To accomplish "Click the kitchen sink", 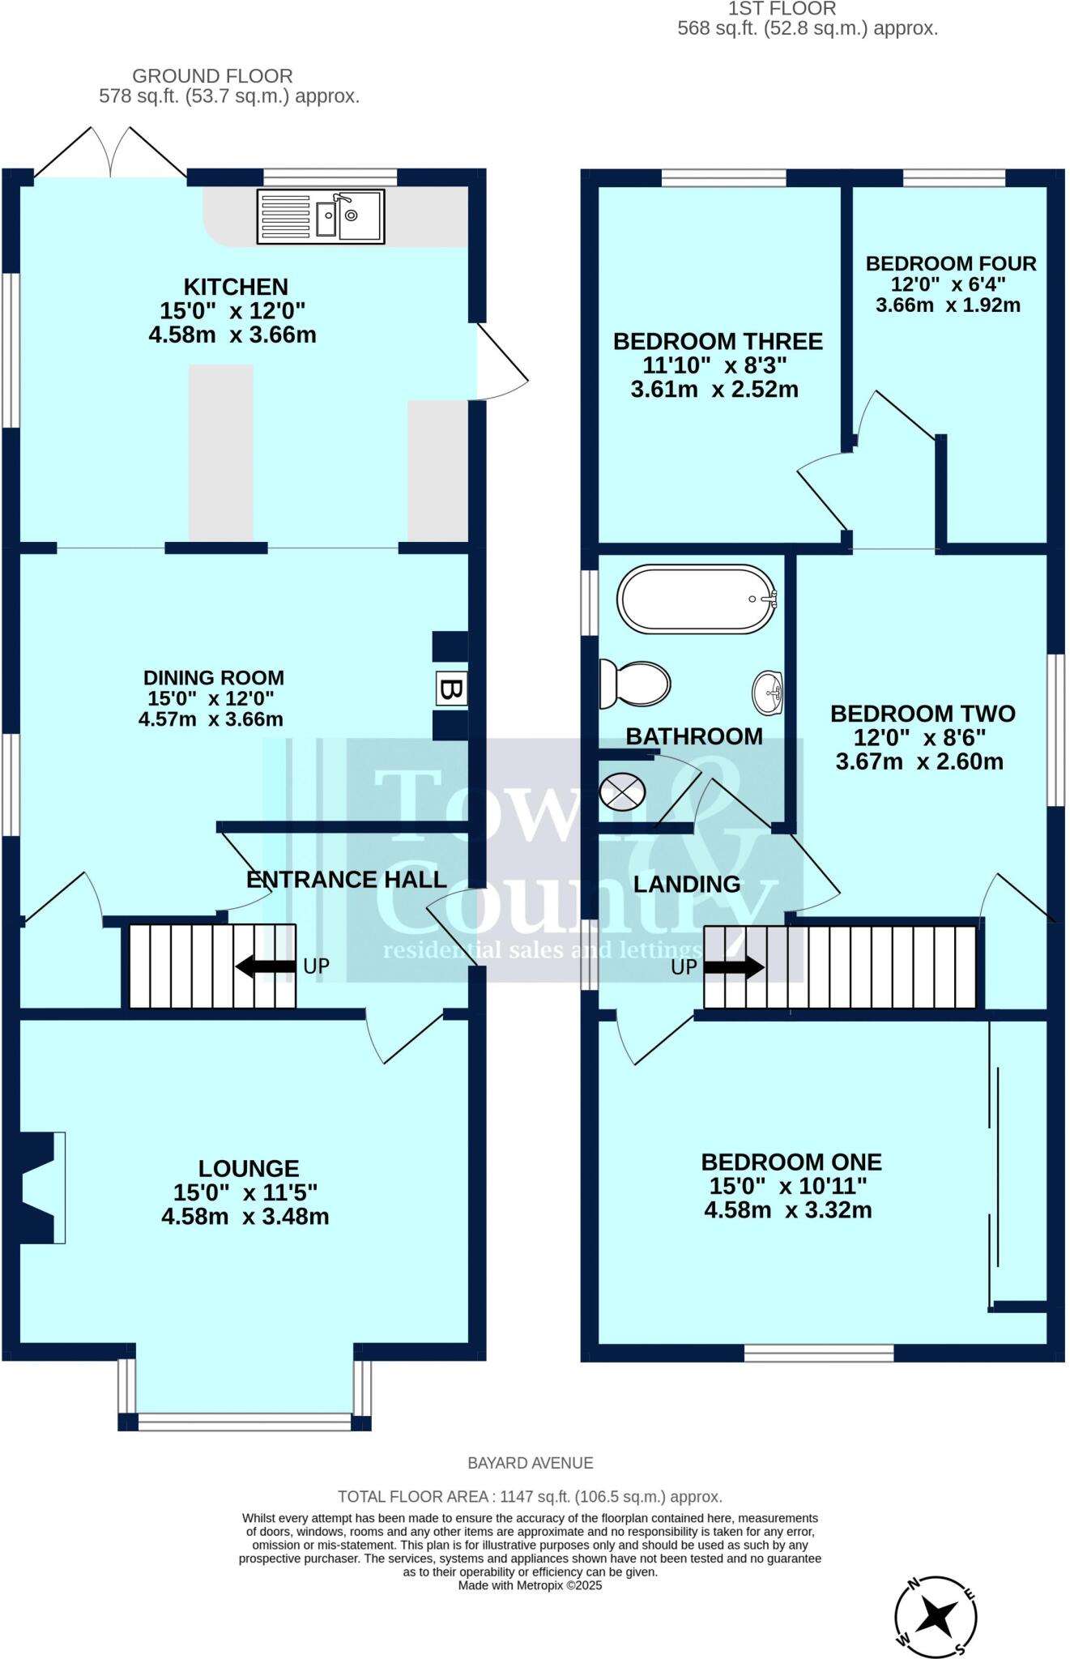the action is tap(321, 216).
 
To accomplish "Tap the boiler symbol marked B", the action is tap(451, 689).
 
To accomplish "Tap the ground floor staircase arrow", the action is tap(266, 966).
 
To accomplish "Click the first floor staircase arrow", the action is tap(734, 966).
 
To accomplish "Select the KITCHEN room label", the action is tap(236, 287).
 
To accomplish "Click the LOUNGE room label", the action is tap(249, 1168).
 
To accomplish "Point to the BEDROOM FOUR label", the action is tap(951, 263).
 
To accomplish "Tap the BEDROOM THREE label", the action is tap(718, 341).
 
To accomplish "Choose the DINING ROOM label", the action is tap(214, 678).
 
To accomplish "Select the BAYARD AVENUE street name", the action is tap(531, 1463).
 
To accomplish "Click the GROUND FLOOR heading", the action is tap(212, 76).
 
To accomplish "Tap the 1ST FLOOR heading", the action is tap(782, 9).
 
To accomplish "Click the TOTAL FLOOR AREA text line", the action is tap(531, 1497).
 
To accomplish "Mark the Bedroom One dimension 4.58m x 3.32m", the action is tap(788, 1210).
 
